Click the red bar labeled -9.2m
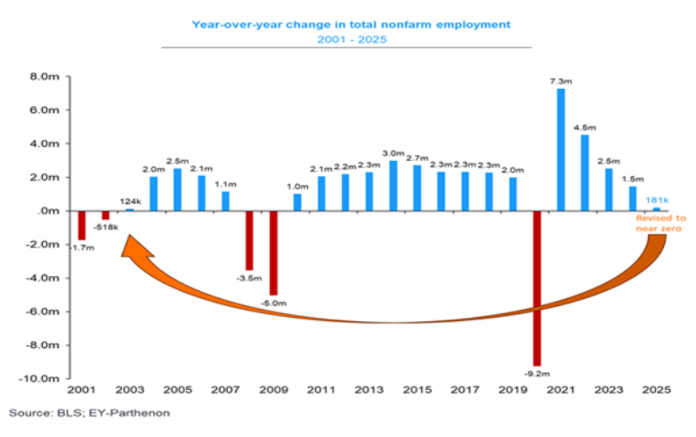(537, 288)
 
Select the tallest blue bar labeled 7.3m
(561, 149)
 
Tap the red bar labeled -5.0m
(273, 253)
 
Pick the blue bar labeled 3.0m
(393, 185)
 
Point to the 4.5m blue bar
(585, 173)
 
